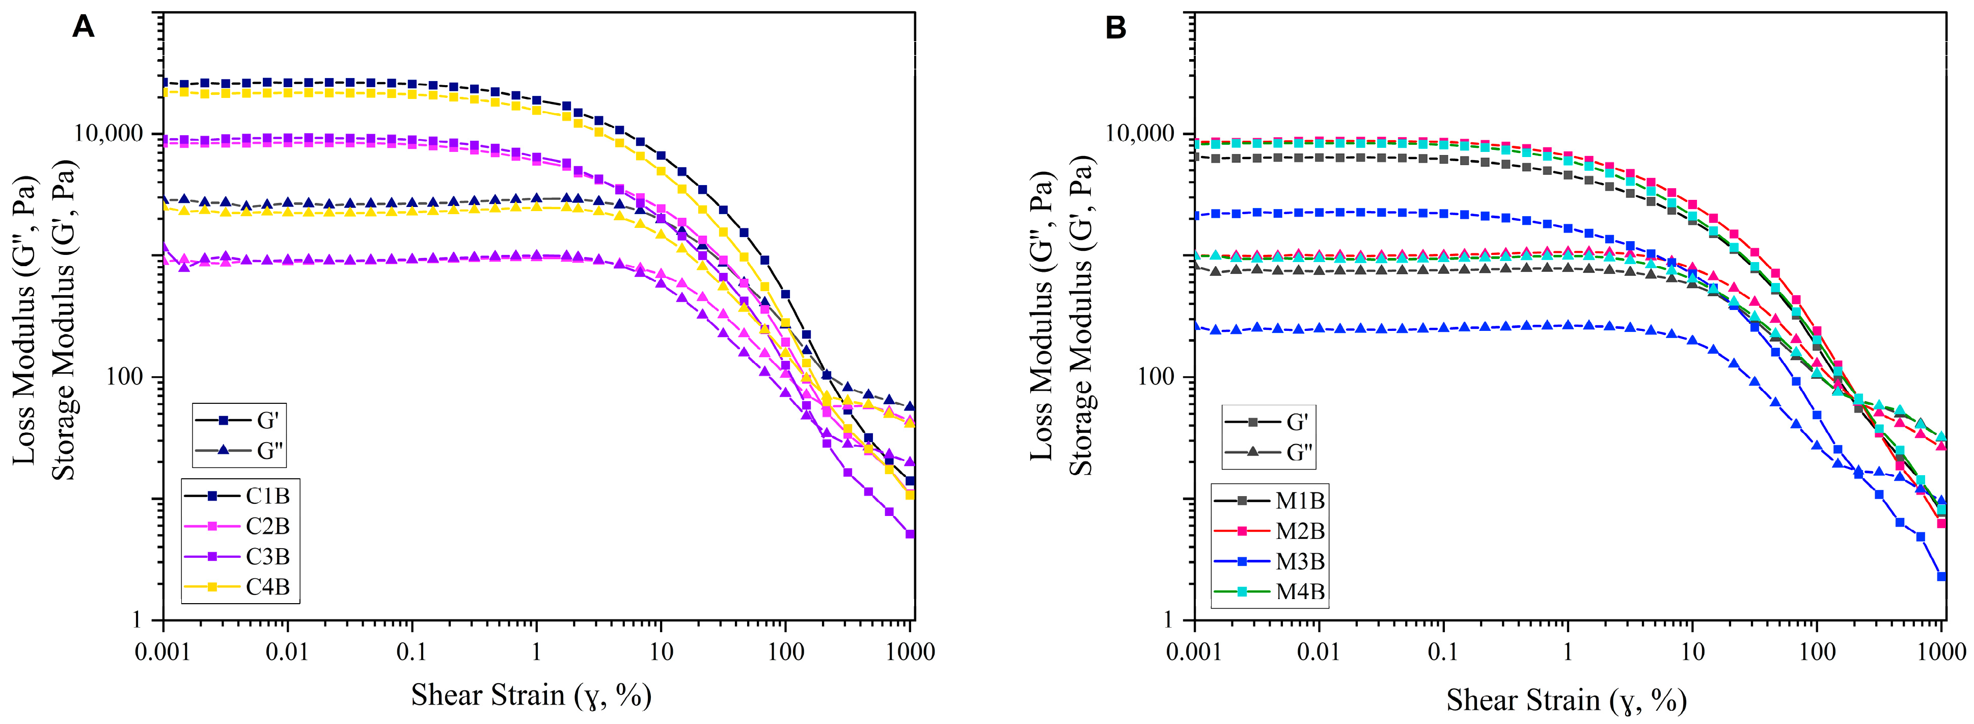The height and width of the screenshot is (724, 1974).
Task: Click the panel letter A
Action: tap(83, 28)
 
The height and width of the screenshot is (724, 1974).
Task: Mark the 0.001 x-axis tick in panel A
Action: tap(163, 653)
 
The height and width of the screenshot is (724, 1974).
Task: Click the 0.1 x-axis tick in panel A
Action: tap(412, 653)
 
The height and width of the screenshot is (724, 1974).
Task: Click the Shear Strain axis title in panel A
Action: tap(531, 695)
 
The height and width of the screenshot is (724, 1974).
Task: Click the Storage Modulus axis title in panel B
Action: tap(1081, 316)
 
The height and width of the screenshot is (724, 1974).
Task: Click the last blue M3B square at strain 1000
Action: tap(1941, 577)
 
